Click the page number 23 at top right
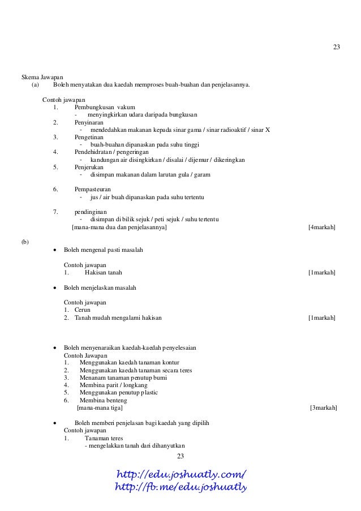coord(336,46)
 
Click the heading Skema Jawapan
coord(42,77)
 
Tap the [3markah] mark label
coord(324,407)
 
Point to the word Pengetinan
coord(90,137)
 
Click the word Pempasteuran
coord(93,189)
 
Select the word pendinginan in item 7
coord(91,212)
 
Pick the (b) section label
coord(25,242)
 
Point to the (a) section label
coord(36,85)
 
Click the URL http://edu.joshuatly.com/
coord(181,474)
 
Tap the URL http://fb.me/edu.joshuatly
coord(181,487)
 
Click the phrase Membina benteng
coord(104,400)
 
